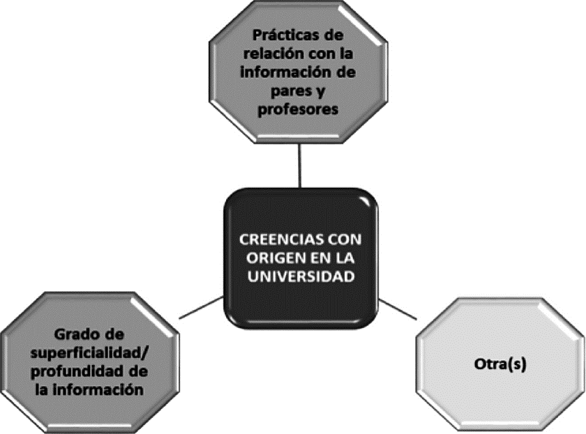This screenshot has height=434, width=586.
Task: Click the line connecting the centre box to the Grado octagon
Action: click(x=202, y=307)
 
